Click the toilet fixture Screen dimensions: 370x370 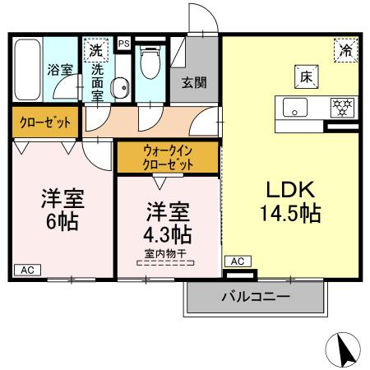click(150, 62)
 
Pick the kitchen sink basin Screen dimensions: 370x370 click(294, 108)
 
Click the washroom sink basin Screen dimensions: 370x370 click(119, 85)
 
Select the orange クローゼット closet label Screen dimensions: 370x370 click(44, 123)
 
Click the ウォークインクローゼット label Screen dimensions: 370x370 click(169, 157)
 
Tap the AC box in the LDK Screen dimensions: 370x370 click(237, 261)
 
